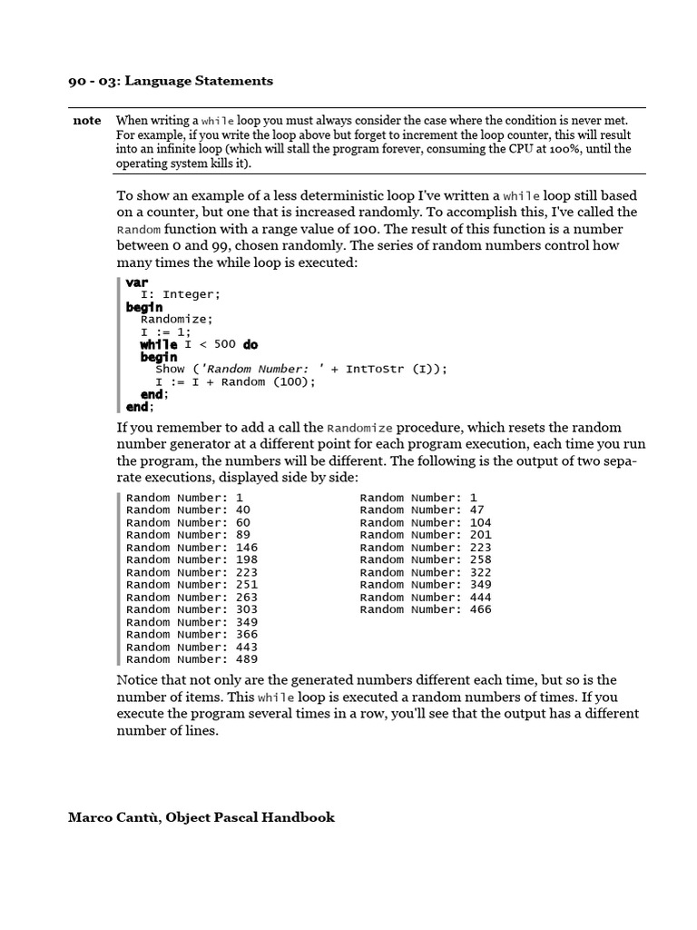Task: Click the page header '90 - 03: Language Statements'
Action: tap(171, 81)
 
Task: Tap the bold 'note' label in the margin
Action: tap(87, 121)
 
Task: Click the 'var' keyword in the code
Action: tap(137, 282)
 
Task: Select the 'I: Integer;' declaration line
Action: tap(180, 295)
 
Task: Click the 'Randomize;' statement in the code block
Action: tap(176, 320)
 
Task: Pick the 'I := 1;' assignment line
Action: tap(165, 332)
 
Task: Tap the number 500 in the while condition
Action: tap(224, 344)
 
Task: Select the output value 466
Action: tap(480, 609)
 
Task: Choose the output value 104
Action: tap(480, 523)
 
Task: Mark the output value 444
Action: tap(480, 598)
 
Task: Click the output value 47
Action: tap(476, 510)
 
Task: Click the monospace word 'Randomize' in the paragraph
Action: tap(359, 428)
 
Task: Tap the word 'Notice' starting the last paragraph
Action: tap(137, 680)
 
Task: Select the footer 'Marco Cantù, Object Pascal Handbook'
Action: tap(201, 817)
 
